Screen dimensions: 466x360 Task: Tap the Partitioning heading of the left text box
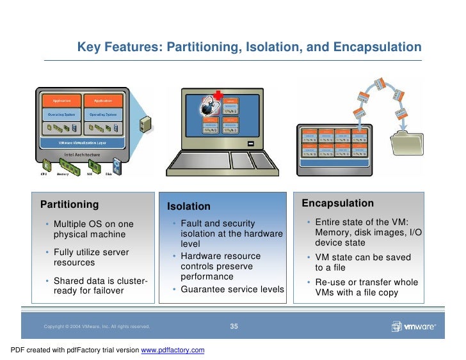70,205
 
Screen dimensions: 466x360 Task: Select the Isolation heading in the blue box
189,207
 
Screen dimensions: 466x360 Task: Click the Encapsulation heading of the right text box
338,203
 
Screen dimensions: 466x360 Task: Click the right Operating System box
103,114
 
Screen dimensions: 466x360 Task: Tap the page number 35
234,327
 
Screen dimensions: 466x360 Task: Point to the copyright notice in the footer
97,327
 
